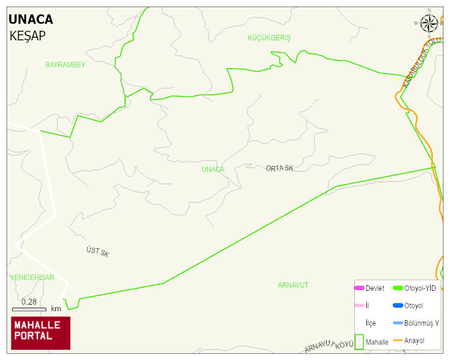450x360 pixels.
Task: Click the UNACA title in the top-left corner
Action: (31, 19)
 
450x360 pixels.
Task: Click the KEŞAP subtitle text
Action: (28, 36)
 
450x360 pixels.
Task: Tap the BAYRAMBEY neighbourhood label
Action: (66, 64)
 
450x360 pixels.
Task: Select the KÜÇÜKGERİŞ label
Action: (269, 38)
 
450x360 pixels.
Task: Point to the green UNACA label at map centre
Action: (213, 169)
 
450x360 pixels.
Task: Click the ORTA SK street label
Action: (280, 169)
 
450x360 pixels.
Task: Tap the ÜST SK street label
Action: (97, 252)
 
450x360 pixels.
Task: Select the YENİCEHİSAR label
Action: (32, 278)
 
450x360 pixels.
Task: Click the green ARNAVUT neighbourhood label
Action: (293, 285)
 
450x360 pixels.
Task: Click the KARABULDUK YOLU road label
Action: (422, 63)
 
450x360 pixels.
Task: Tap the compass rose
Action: (429, 23)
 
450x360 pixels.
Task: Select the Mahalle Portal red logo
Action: (41, 333)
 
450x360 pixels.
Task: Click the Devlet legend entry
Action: (369, 288)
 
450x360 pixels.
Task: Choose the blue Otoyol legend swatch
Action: (398, 306)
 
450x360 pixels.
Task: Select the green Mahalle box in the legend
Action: (360, 341)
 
